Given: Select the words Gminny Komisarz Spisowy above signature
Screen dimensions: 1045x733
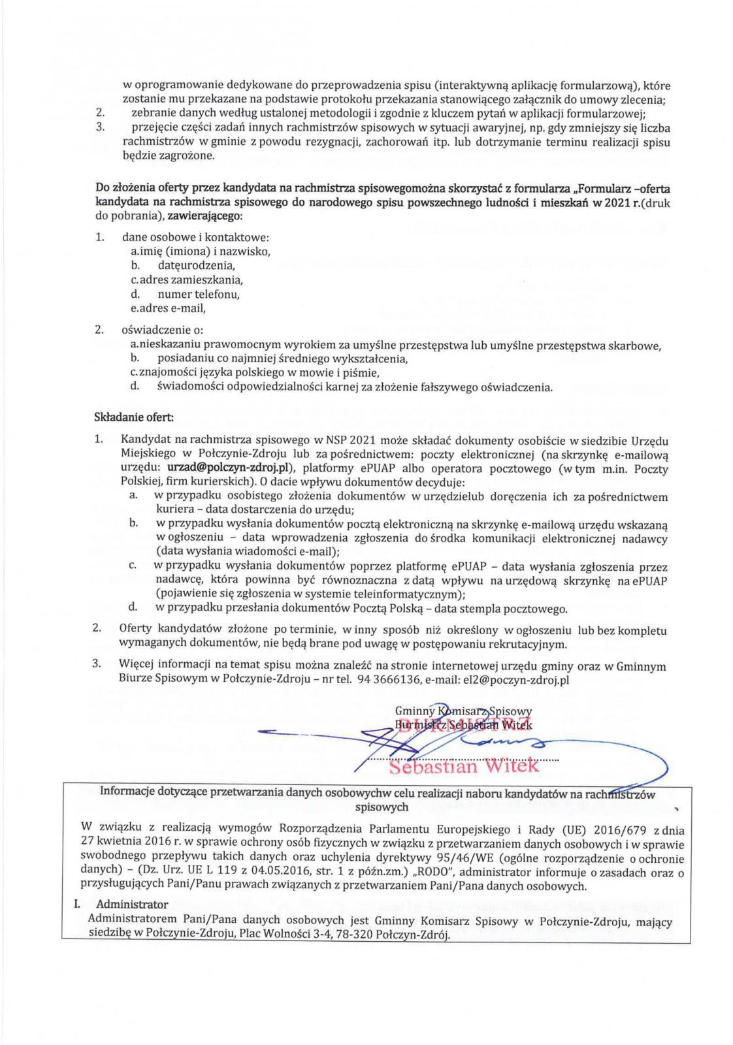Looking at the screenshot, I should click(x=463, y=711).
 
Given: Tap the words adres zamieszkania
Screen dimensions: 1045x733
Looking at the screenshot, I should click(x=190, y=280).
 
